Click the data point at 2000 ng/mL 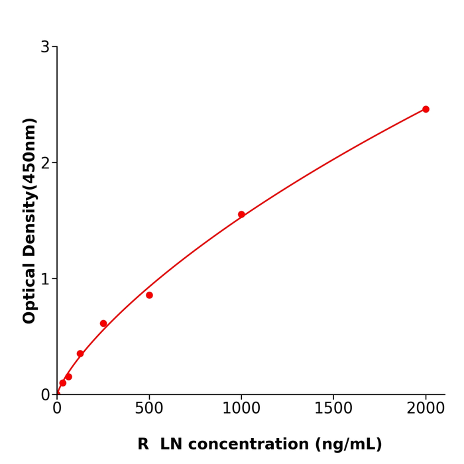click(x=426, y=109)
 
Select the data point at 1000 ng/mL click(x=241, y=215)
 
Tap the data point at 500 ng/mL click(x=149, y=295)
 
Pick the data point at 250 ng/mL click(x=103, y=323)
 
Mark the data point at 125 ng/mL click(x=80, y=354)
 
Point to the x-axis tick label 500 click(x=149, y=408)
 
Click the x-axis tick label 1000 click(x=241, y=408)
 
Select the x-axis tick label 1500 click(x=333, y=408)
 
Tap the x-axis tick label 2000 click(x=426, y=408)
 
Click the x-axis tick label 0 click(x=57, y=408)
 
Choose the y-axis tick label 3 click(x=45, y=47)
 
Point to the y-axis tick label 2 click(x=45, y=163)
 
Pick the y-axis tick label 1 click(x=45, y=279)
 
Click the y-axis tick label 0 click(x=45, y=395)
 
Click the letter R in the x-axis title click(x=143, y=444)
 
